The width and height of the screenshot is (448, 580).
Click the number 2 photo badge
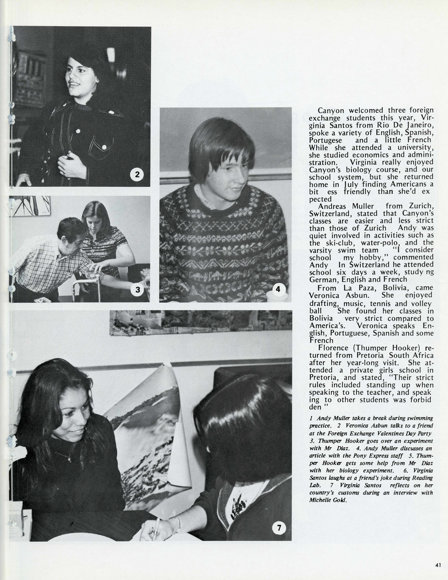(x=137, y=174)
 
